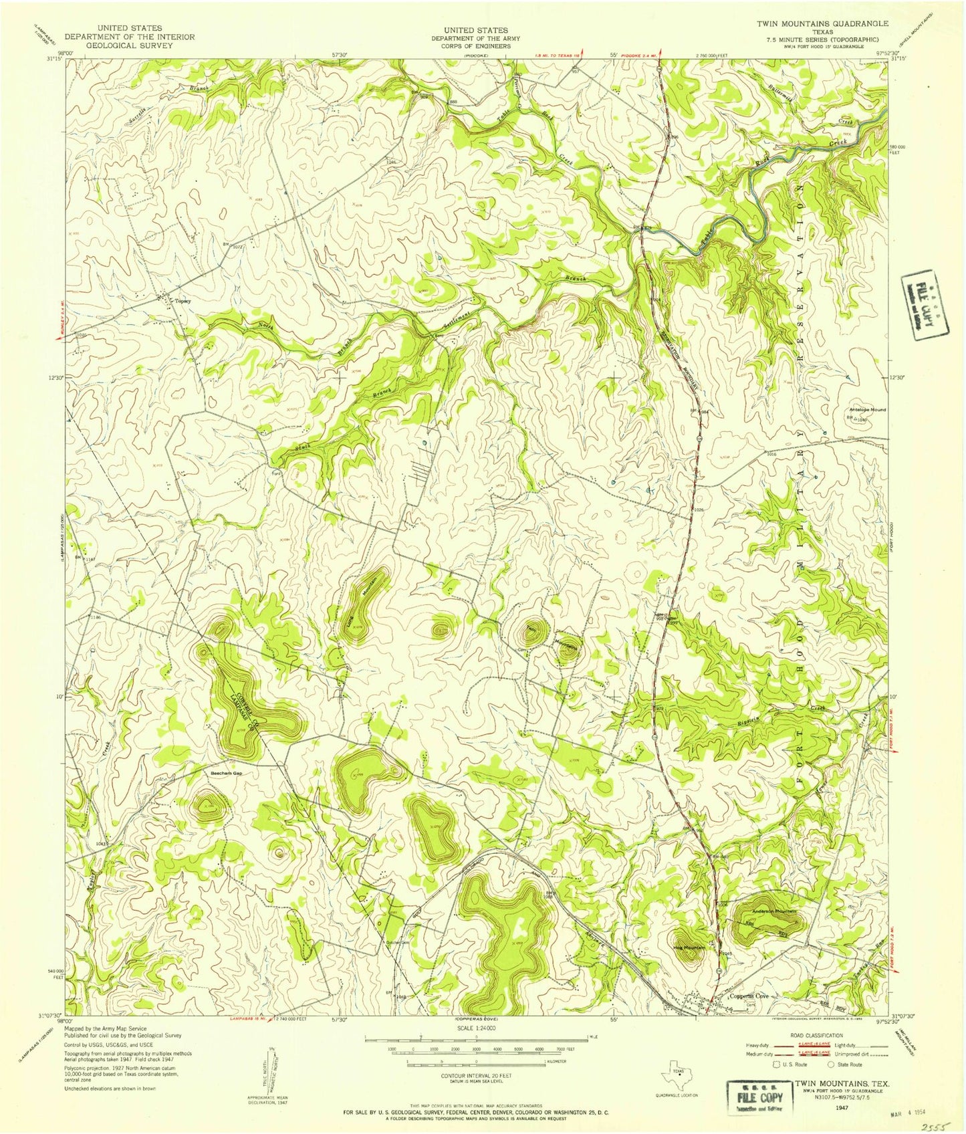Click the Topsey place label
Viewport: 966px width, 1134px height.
point(183,301)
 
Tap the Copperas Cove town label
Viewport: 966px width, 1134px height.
point(749,996)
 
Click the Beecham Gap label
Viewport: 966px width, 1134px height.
point(221,772)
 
